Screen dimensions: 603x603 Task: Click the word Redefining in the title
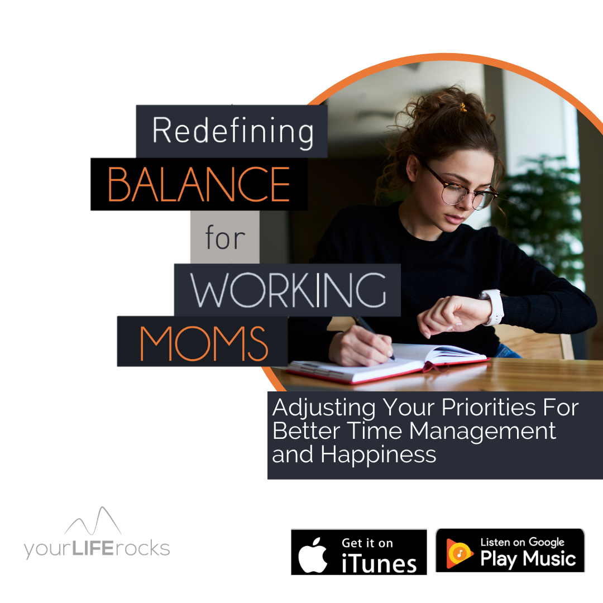pyautogui.click(x=233, y=132)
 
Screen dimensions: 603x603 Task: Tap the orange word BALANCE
pyautogui.click(x=199, y=184)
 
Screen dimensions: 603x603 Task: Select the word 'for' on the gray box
pyautogui.click(x=225, y=237)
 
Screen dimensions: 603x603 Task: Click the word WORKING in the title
pyautogui.click(x=288, y=290)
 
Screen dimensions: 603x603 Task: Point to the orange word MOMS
pyautogui.click(x=203, y=343)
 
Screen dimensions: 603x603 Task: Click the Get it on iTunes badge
pyautogui.click(x=359, y=552)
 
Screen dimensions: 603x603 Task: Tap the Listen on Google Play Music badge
pyautogui.click(x=510, y=551)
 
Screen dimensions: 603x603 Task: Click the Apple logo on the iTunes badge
pyautogui.click(x=313, y=555)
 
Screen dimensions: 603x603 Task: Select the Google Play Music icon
pyautogui.click(x=459, y=553)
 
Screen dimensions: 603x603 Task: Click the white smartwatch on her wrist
pyautogui.click(x=492, y=307)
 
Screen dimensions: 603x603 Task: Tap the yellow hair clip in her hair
pyautogui.click(x=463, y=107)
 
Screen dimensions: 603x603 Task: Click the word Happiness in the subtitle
pyautogui.click(x=379, y=455)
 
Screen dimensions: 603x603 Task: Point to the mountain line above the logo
pyautogui.click(x=93, y=521)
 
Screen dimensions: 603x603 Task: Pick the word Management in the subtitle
pyautogui.click(x=482, y=432)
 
